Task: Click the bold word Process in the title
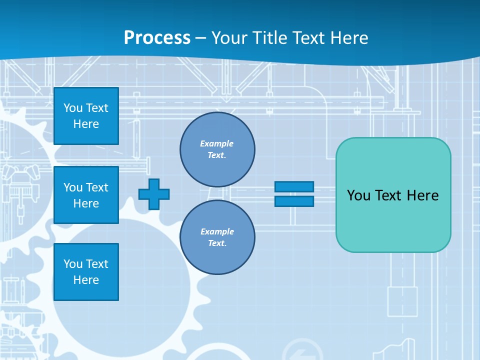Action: (157, 37)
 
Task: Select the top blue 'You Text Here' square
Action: (86, 116)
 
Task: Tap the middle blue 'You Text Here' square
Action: (86, 195)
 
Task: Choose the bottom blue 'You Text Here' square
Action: (86, 272)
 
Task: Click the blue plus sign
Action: (153, 194)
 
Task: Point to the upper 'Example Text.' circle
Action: (217, 149)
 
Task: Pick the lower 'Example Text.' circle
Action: (217, 237)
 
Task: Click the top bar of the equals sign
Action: (294, 186)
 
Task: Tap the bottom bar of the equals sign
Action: (294, 201)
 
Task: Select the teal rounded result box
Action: (393, 195)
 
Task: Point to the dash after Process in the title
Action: (200, 38)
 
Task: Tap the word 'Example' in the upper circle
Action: (217, 143)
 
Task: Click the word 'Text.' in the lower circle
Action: (217, 243)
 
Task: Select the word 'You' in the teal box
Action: (358, 195)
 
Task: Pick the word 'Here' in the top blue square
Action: (86, 124)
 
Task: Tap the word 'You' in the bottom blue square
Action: (73, 264)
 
